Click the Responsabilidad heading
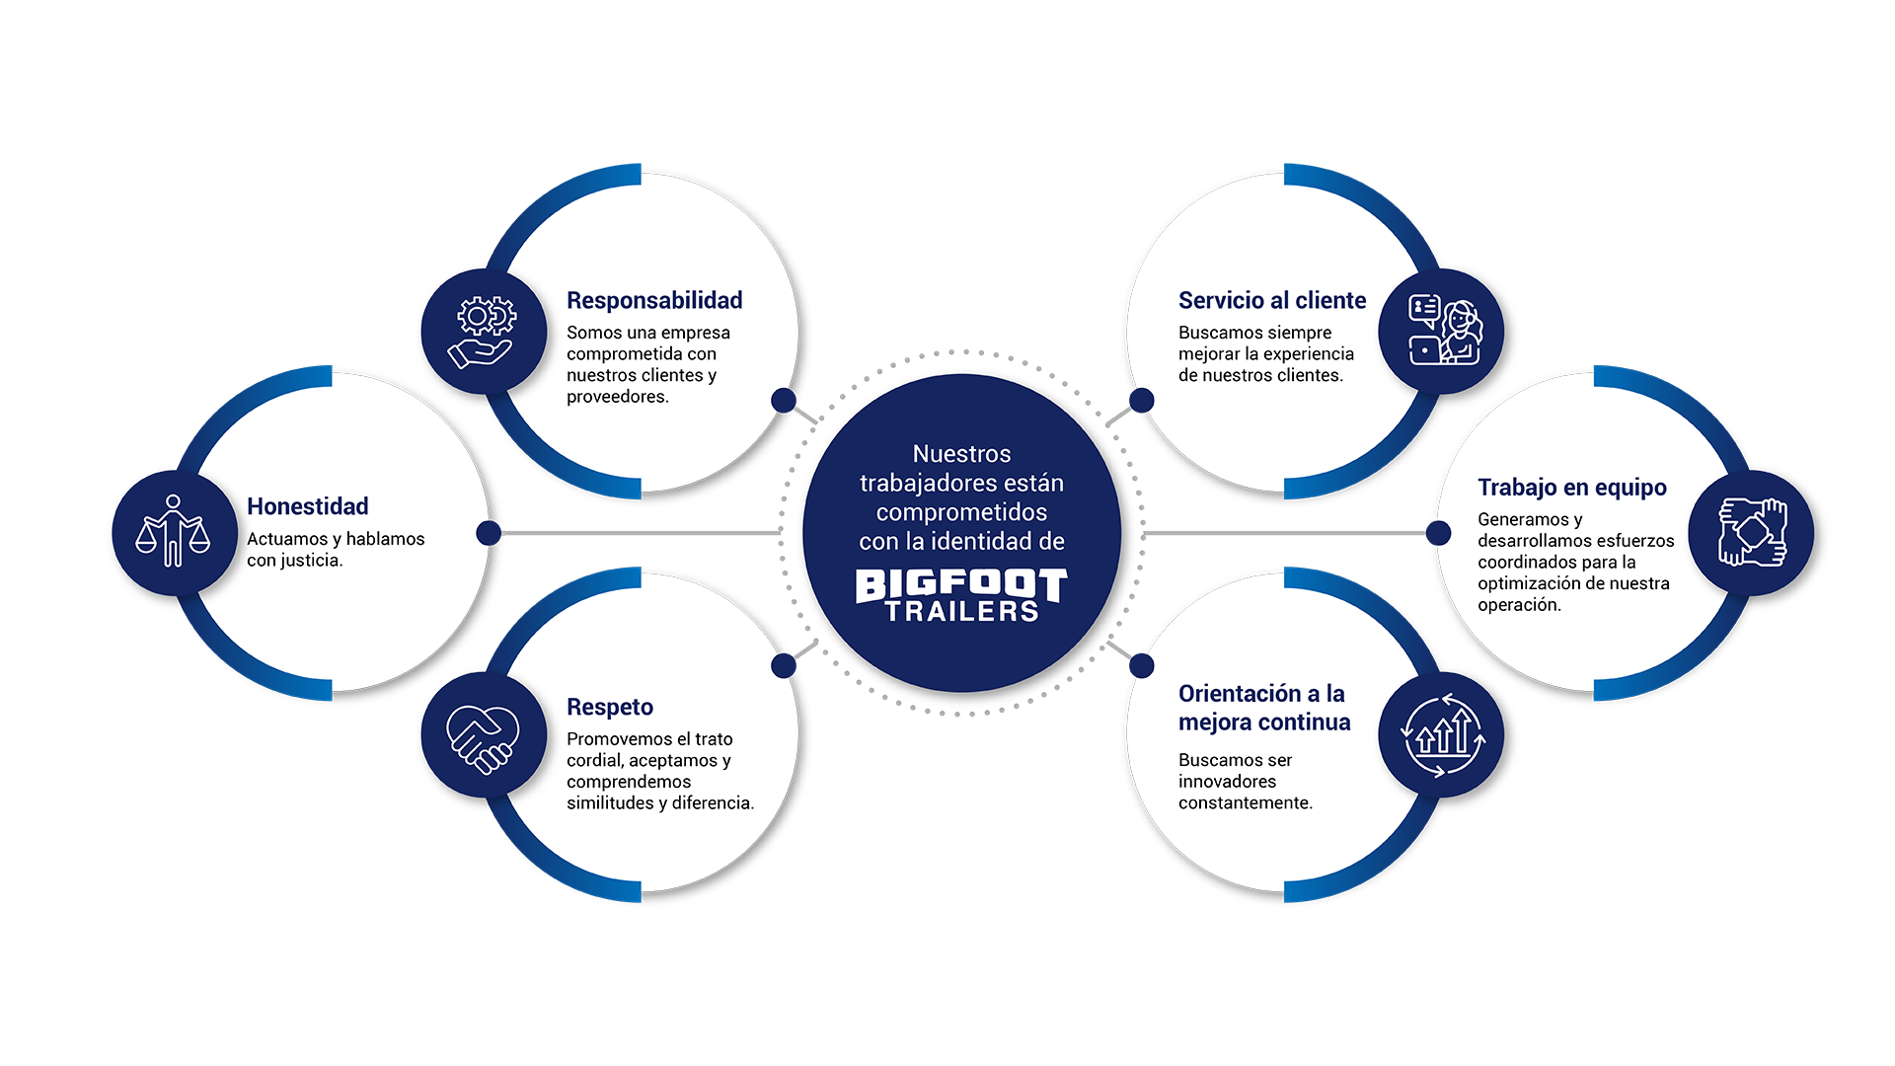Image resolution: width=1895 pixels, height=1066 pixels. point(654,300)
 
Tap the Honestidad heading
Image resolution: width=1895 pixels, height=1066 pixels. point(307,506)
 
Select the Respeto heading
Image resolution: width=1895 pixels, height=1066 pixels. point(610,707)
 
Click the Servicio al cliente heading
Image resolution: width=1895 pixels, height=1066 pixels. point(1272,300)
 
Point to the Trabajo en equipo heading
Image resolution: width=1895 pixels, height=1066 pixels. point(1571,487)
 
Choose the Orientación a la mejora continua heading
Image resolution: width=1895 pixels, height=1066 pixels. point(1263,708)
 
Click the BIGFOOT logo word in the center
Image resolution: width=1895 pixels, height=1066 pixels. point(961,584)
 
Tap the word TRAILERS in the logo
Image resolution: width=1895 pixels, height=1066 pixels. point(961,612)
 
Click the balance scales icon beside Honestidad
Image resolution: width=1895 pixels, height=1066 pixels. point(174,532)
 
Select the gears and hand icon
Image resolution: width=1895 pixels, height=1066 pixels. point(483,332)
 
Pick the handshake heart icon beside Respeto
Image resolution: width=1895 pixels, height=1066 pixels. point(483,736)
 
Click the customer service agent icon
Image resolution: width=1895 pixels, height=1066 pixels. point(1443,332)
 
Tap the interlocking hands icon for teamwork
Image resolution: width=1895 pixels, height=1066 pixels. point(1752,532)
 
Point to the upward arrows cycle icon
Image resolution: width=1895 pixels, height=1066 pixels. point(1442,735)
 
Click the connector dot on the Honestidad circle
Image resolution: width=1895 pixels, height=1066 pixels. point(489,533)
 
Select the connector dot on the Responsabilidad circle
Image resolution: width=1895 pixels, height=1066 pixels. point(784,400)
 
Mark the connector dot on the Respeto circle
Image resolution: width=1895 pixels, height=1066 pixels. point(784,665)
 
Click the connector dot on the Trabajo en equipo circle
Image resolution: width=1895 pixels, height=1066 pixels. point(1438,533)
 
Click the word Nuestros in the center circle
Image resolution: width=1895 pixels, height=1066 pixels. point(961,454)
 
